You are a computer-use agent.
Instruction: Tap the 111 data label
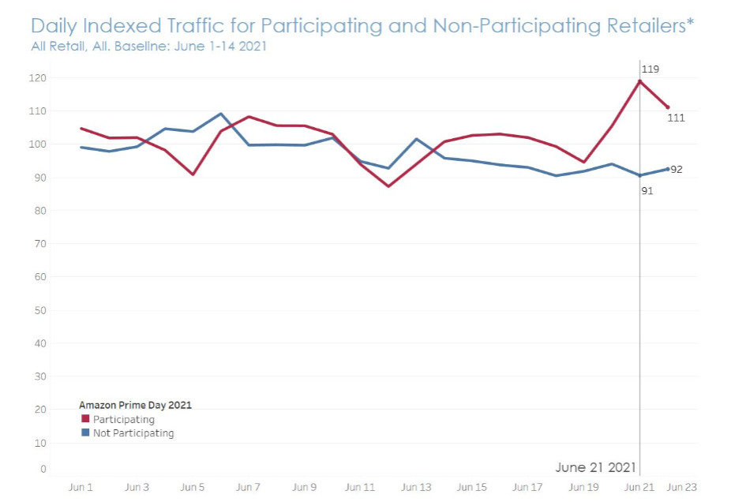pyautogui.click(x=675, y=118)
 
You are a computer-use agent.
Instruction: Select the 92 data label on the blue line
pyautogui.click(x=677, y=170)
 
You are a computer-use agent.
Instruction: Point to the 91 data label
pyautogui.click(x=647, y=190)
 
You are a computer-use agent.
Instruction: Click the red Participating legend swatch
pyautogui.click(x=84, y=419)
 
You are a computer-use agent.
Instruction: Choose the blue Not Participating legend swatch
pyautogui.click(x=84, y=433)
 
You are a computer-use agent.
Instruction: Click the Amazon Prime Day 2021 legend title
pyautogui.click(x=135, y=405)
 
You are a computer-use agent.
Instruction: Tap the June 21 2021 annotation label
pyautogui.click(x=594, y=467)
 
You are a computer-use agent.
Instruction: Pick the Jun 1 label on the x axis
pyautogui.click(x=81, y=488)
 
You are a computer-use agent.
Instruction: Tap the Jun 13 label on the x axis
pyautogui.click(x=415, y=488)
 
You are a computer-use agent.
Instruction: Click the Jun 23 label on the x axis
pyautogui.click(x=683, y=488)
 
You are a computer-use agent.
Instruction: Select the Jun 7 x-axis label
pyautogui.click(x=248, y=488)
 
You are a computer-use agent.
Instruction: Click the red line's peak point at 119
pyautogui.click(x=639, y=81)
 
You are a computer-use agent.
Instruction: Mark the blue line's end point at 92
pyautogui.click(x=668, y=168)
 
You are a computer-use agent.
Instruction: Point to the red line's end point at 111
pyautogui.click(x=668, y=107)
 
